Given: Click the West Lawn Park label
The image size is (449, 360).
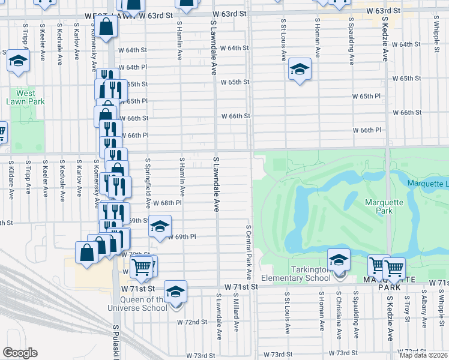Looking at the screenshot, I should pyautogui.click(x=26, y=97).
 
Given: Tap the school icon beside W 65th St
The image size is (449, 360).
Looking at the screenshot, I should pyautogui.click(x=300, y=70).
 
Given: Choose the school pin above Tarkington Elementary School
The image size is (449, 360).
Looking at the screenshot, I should pyautogui.click(x=339, y=259).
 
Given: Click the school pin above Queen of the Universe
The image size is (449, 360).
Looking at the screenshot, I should pyautogui.click(x=175, y=292).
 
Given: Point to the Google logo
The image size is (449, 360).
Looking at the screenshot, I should pyautogui.click(x=20, y=353).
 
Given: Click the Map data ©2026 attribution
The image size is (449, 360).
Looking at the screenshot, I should pyautogui.click(x=424, y=355).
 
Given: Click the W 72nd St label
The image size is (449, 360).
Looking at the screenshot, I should pyautogui.click(x=191, y=322).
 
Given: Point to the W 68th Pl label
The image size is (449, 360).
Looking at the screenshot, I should pyautogui.click(x=166, y=203).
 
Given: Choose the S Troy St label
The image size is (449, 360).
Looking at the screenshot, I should pyautogui.click(x=407, y=311).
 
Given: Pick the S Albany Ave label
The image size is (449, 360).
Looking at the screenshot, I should pyautogui.click(x=424, y=311).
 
